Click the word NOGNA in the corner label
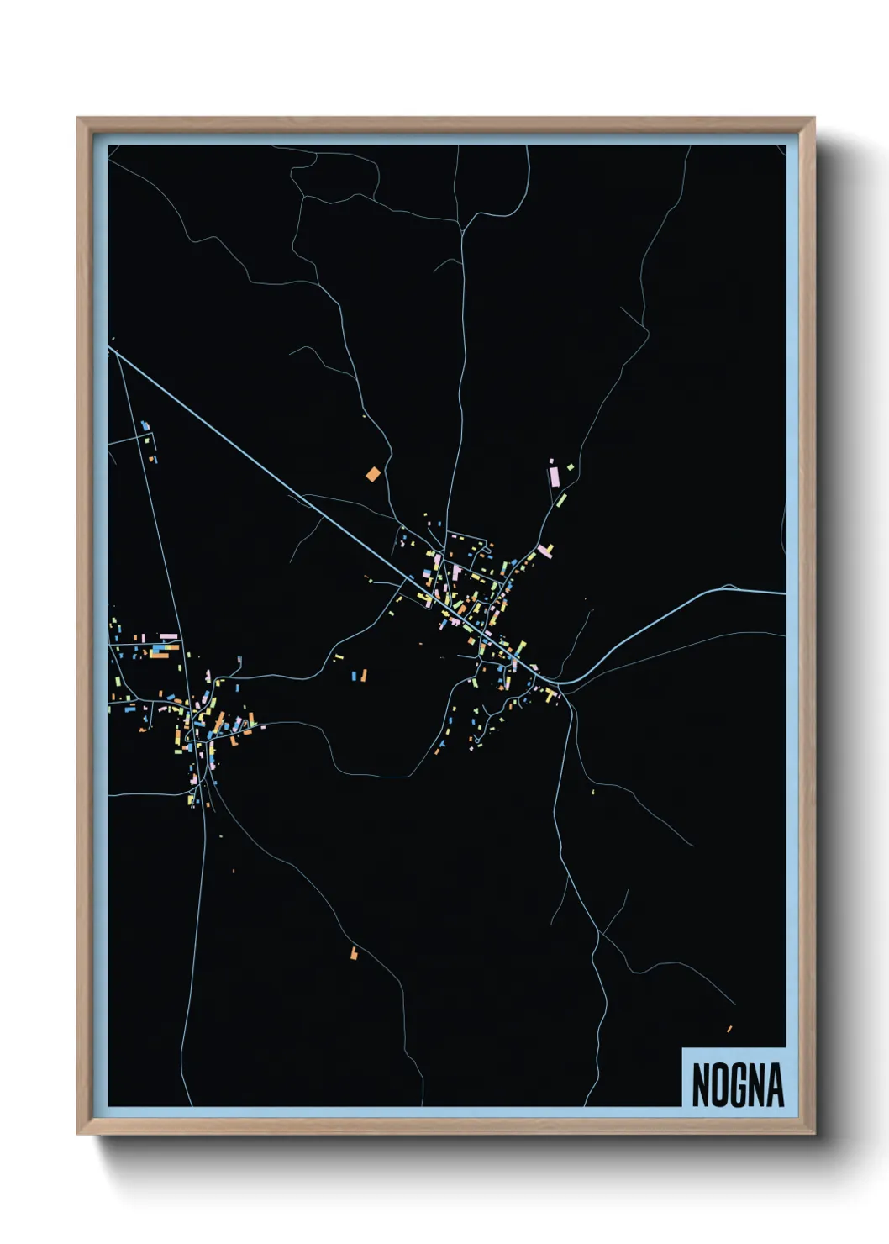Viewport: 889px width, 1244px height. tap(737, 1084)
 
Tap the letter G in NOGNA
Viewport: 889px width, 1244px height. tap(739, 1085)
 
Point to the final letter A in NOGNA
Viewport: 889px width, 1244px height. tap(776, 1085)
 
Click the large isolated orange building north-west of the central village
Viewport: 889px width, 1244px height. tap(373, 474)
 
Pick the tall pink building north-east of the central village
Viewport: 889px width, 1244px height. tap(554, 477)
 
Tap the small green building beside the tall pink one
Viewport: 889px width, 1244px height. tap(570, 466)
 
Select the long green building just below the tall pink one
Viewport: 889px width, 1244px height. tap(560, 500)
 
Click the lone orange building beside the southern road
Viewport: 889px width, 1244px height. tap(354, 953)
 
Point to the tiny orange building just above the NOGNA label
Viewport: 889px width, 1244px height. tap(729, 1029)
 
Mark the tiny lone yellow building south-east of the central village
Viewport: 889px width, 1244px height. tap(593, 791)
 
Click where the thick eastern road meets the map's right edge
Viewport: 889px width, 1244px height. tap(785, 593)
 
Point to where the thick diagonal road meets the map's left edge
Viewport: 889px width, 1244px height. tap(110, 347)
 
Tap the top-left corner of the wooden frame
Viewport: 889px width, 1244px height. tap(78, 119)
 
